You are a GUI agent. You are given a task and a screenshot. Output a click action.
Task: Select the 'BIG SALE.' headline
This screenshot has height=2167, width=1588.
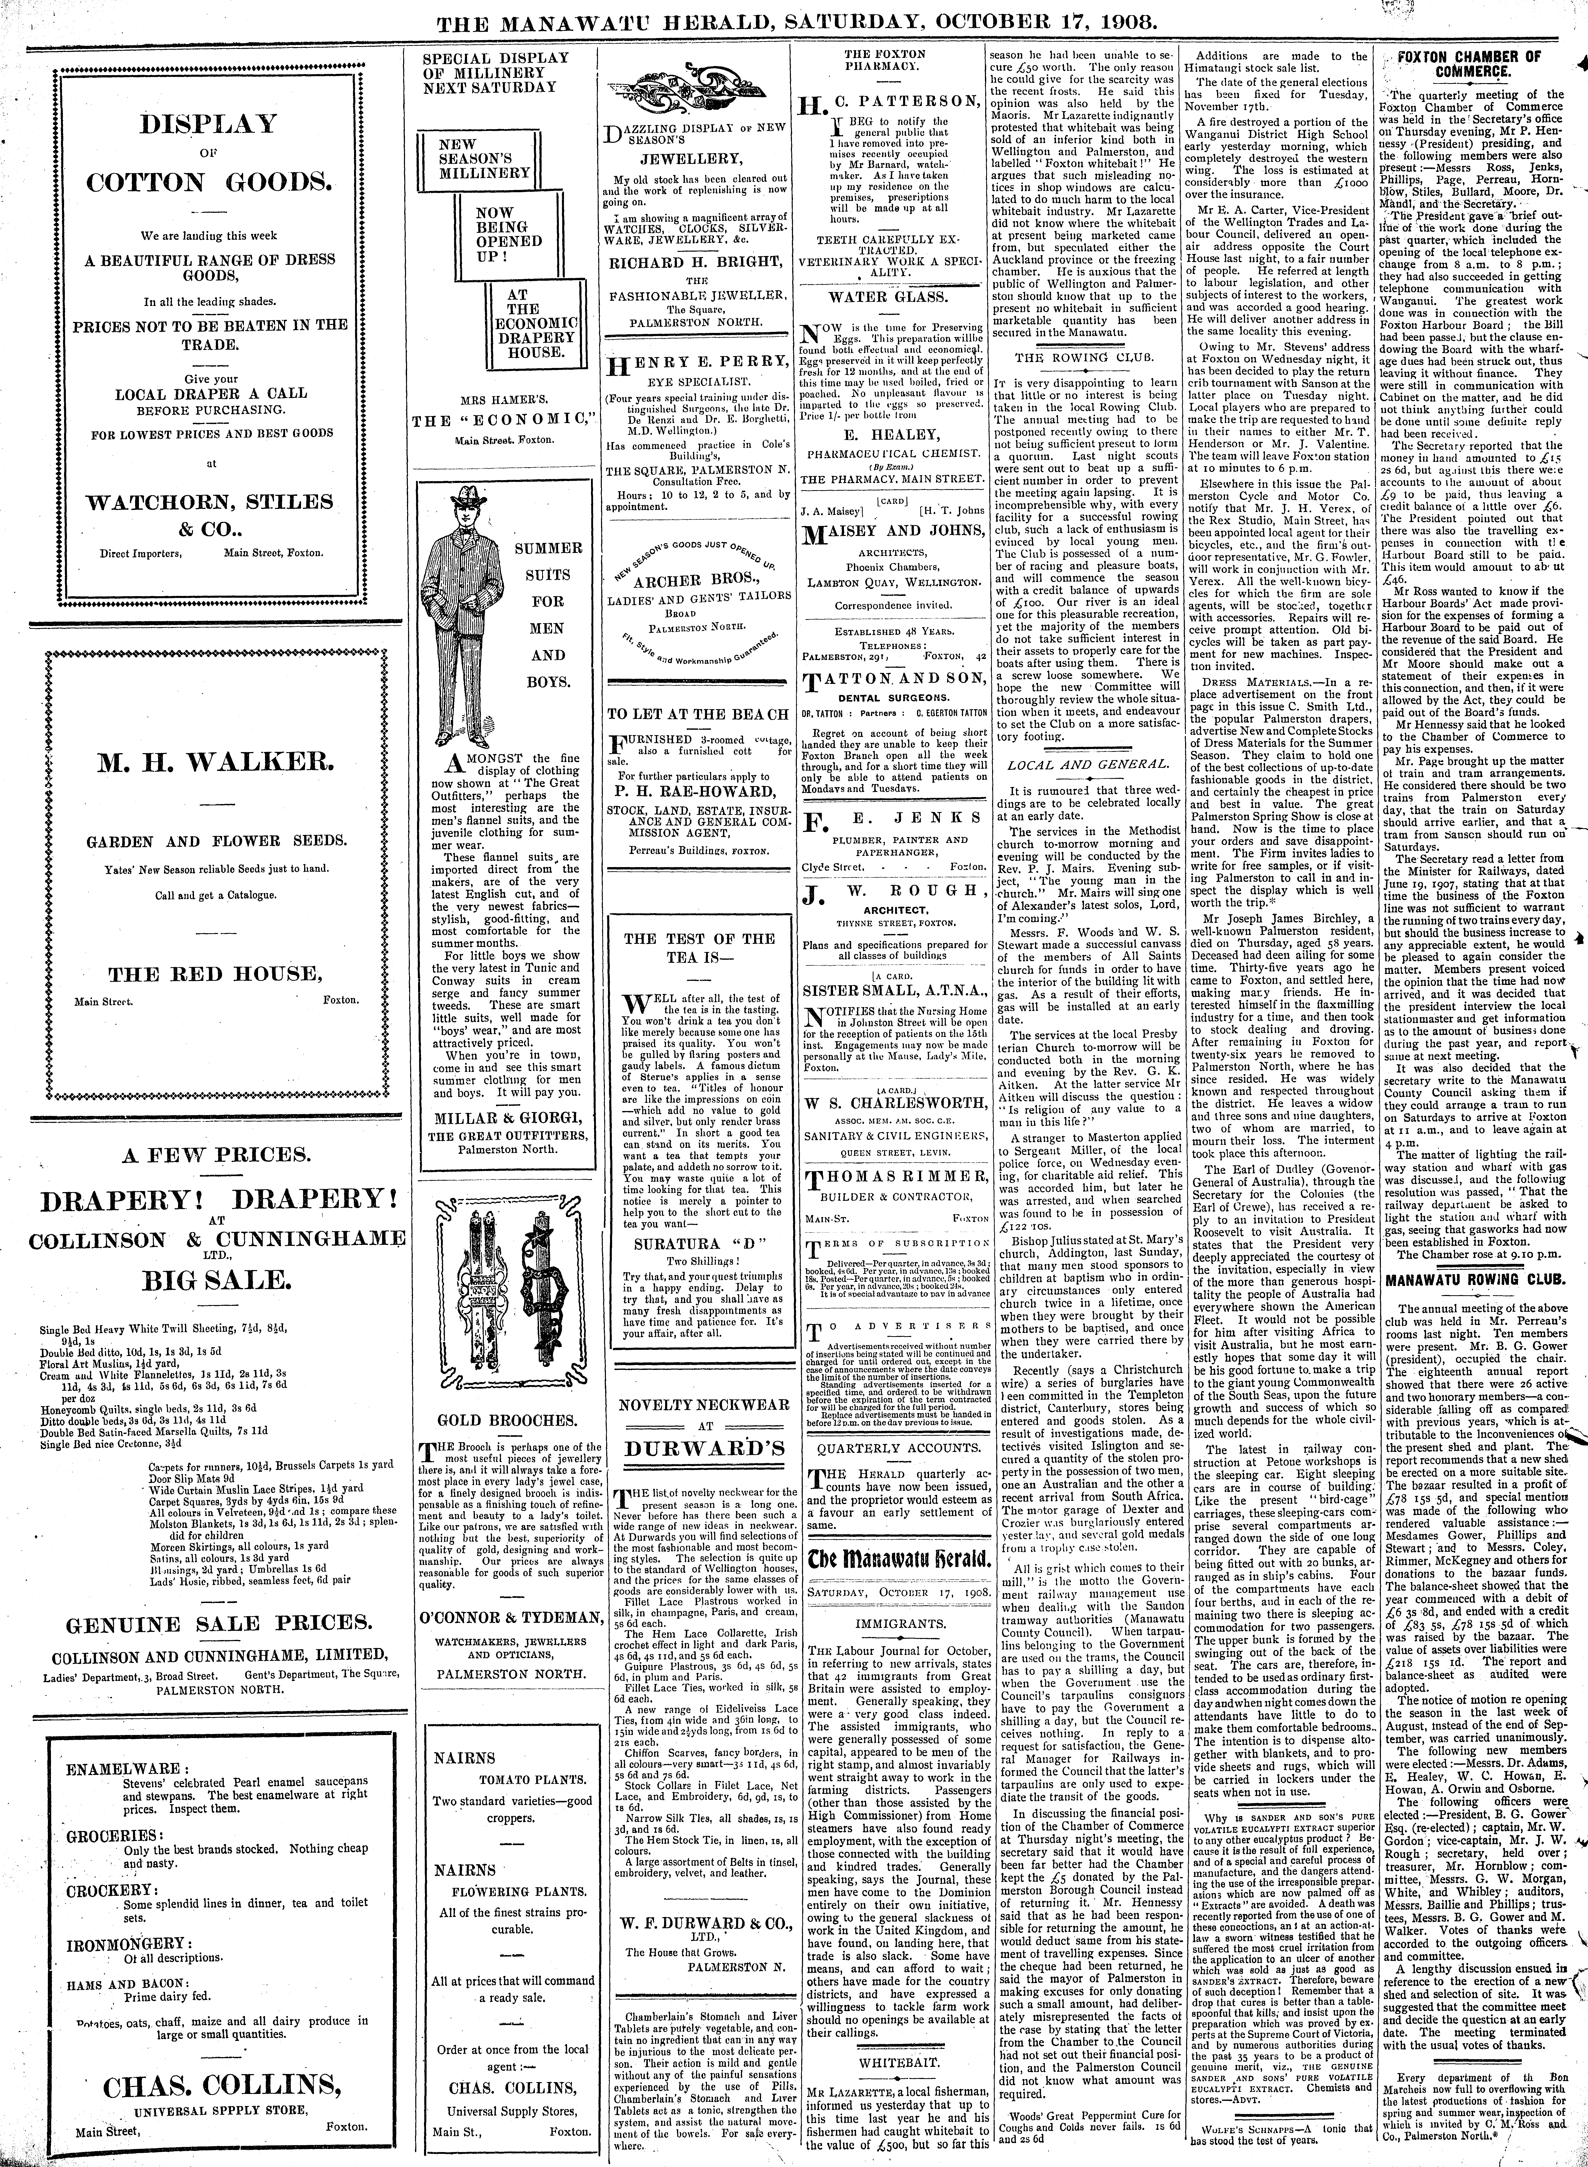point(215,1280)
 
